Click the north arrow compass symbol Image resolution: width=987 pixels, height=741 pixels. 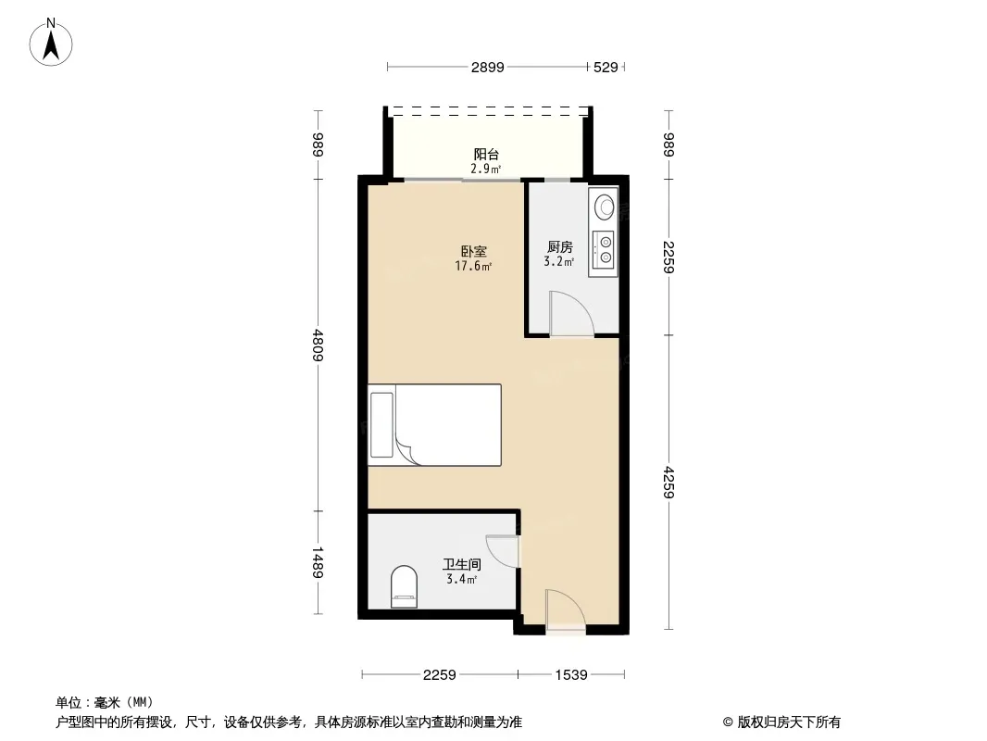point(51,43)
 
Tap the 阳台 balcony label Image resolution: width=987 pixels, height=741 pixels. point(486,155)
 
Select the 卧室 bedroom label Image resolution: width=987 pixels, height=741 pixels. point(473,252)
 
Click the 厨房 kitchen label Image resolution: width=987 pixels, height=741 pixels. point(559,246)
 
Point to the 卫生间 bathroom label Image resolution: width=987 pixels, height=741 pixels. point(461,565)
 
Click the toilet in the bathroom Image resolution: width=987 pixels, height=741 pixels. point(404,587)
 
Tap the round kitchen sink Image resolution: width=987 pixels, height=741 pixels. point(606,207)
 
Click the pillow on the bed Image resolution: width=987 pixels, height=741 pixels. point(381,425)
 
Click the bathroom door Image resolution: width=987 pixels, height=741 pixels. point(503,551)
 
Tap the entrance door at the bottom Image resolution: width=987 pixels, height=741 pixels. point(566,609)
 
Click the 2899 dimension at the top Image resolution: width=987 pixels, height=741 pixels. point(488,67)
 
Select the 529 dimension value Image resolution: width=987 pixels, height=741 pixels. point(606,67)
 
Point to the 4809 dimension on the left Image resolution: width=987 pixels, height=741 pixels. point(318,345)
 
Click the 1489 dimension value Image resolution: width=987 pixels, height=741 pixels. point(318,563)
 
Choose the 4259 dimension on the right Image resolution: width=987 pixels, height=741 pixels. point(668,483)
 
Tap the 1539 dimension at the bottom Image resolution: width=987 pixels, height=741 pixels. point(571,675)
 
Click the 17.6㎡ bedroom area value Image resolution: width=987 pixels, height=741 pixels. point(473,267)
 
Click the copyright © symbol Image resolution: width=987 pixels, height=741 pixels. point(728,722)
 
